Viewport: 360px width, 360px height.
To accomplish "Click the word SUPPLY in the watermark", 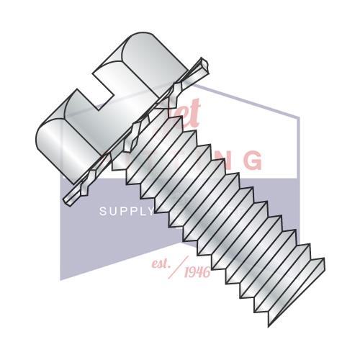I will point(126,212).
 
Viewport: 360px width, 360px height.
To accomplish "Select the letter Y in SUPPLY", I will point(149,212).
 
